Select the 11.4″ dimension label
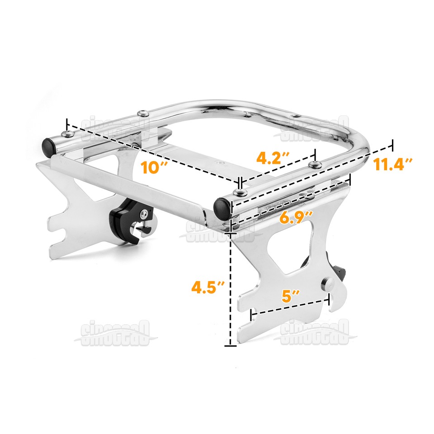click(x=393, y=165)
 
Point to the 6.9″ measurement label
click(x=296, y=218)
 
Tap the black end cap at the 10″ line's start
click(x=49, y=145)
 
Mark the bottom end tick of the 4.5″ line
click(x=231, y=346)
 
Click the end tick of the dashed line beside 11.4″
click(x=392, y=145)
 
